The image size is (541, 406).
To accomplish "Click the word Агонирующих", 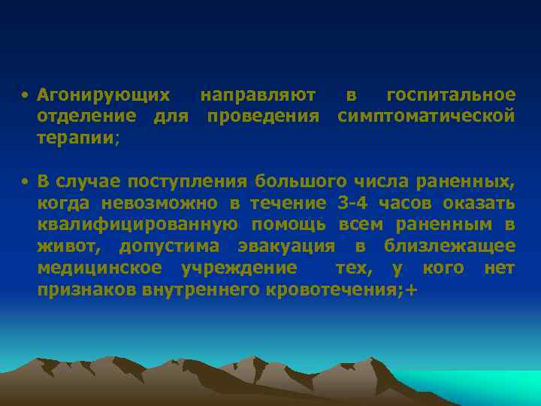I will pyautogui.click(x=104, y=95).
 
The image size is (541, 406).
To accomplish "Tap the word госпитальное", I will pyautogui.click(x=451, y=95).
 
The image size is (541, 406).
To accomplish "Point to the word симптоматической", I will pyautogui.click(x=427, y=117).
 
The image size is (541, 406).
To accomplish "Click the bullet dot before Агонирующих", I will pyautogui.click(x=25, y=96).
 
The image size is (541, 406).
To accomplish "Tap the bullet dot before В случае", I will pyautogui.click(x=25, y=182).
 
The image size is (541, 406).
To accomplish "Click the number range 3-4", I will pyautogui.click(x=352, y=203).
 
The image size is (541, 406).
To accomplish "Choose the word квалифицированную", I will pyautogui.click(x=138, y=225).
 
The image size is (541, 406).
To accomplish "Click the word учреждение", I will pyautogui.click(x=239, y=268).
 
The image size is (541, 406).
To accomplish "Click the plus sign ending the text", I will pyautogui.click(x=410, y=290).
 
